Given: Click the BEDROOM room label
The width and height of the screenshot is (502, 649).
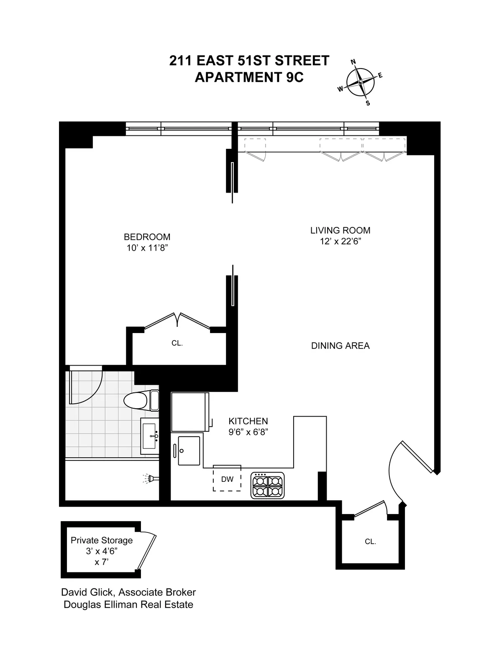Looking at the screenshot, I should pyautogui.click(x=147, y=237).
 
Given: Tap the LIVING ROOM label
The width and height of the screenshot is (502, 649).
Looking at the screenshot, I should pyautogui.click(x=340, y=230).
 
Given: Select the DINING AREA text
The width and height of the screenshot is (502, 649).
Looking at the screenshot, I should pyautogui.click(x=340, y=346).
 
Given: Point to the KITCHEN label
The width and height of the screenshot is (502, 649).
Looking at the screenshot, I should pyautogui.click(x=248, y=421).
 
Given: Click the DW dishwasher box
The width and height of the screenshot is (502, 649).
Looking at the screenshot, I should pyautogui.click(x=227, y=479).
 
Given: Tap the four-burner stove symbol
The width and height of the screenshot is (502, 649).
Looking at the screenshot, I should pyautogui.click(x=267, y=485).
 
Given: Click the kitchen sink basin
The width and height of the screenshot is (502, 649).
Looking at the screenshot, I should pyautogui.click(x=189, y=451).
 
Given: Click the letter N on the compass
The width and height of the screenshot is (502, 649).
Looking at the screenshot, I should pyautogui.click(x=353, y=62).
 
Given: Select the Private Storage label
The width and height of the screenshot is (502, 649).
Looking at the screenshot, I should pyautogui.click(x=102, y=540).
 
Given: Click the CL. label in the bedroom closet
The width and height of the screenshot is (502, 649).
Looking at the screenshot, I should pyautogui.click(x=177, y=343).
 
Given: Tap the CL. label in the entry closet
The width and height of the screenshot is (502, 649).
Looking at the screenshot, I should pyautogui.click(x=370, y=542).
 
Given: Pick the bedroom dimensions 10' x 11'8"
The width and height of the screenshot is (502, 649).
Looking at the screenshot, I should pyautogui.click(x=147, y=248).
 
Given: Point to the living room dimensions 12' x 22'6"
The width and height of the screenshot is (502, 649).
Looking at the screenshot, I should pyautogui.click(x=340, y=241).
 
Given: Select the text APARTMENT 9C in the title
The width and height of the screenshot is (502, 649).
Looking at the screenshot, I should pyautogui.click(x=249, y=77).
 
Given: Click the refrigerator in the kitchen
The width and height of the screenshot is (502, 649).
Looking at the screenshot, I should pyautogui.click(x=190, y=412).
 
